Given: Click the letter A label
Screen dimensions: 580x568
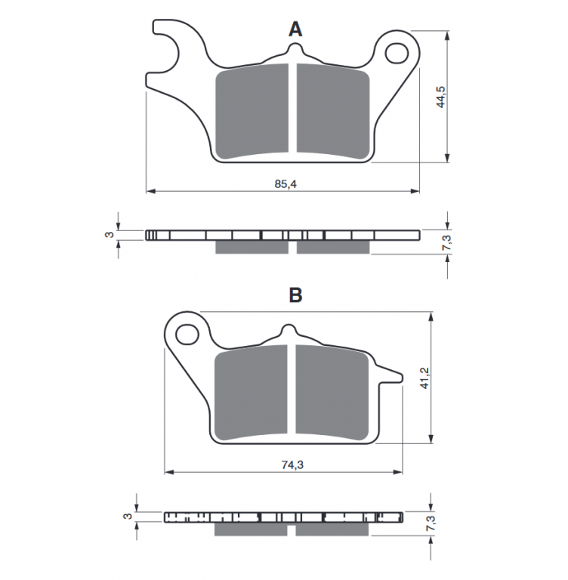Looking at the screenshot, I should [x=295, y=29].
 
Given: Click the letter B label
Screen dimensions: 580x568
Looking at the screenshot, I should [x=295, y=295].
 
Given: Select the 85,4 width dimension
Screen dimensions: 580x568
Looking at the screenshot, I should [x=284, y=184].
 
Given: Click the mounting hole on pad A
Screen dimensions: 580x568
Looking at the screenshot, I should [x=395, y=52].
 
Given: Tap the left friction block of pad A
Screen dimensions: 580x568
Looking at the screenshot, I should [x=253, y=111].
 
